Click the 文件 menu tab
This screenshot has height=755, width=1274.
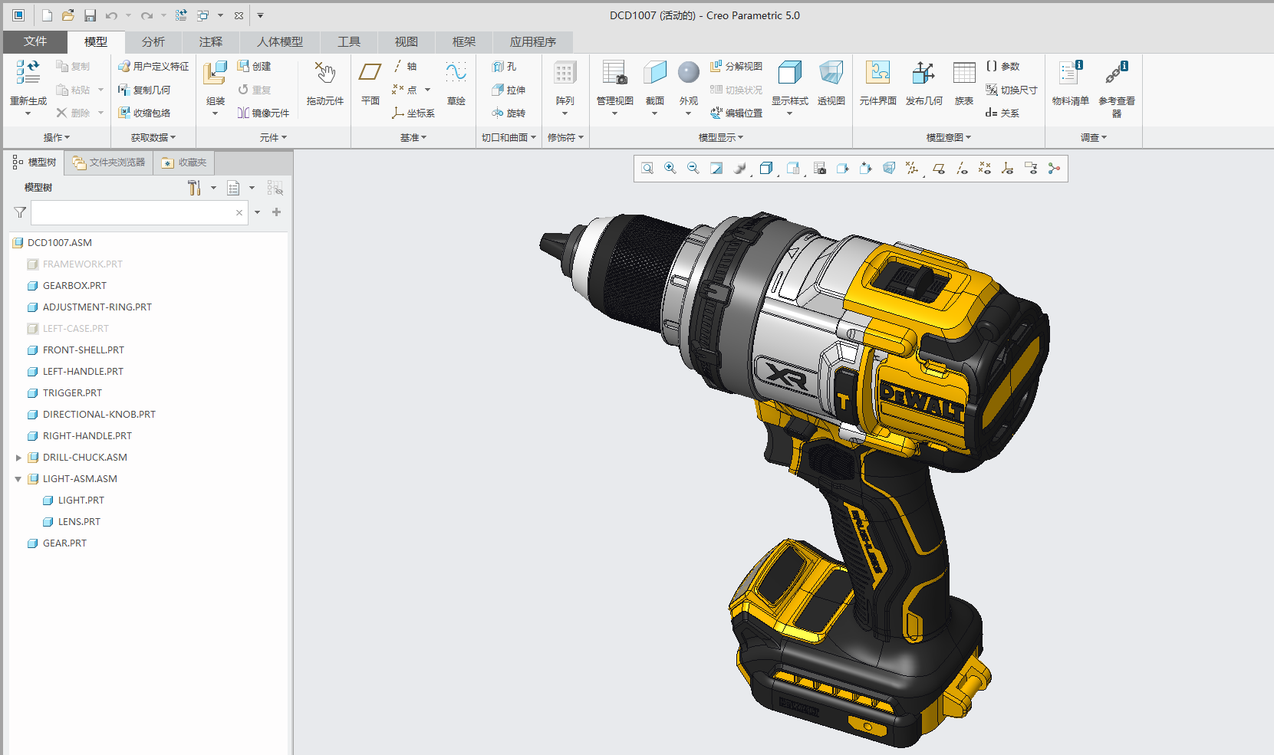[x=35, y=41]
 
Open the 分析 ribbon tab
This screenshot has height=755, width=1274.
[x=153, y=41]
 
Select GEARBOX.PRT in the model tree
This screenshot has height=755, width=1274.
[x=74, y=285]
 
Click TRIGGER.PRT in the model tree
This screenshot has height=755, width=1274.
[x=71, y=392]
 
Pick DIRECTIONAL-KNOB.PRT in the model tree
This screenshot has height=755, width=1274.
[x=98, y=414]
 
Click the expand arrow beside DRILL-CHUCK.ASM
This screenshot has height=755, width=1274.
[x=18, y=458]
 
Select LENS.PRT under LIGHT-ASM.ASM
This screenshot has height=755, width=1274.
[x=79, y=521]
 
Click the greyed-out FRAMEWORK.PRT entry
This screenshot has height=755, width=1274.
[x=82, y=264]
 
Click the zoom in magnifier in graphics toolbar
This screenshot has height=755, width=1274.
[x=670, y=169]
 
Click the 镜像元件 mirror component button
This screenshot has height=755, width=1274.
[x=263, y=113]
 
